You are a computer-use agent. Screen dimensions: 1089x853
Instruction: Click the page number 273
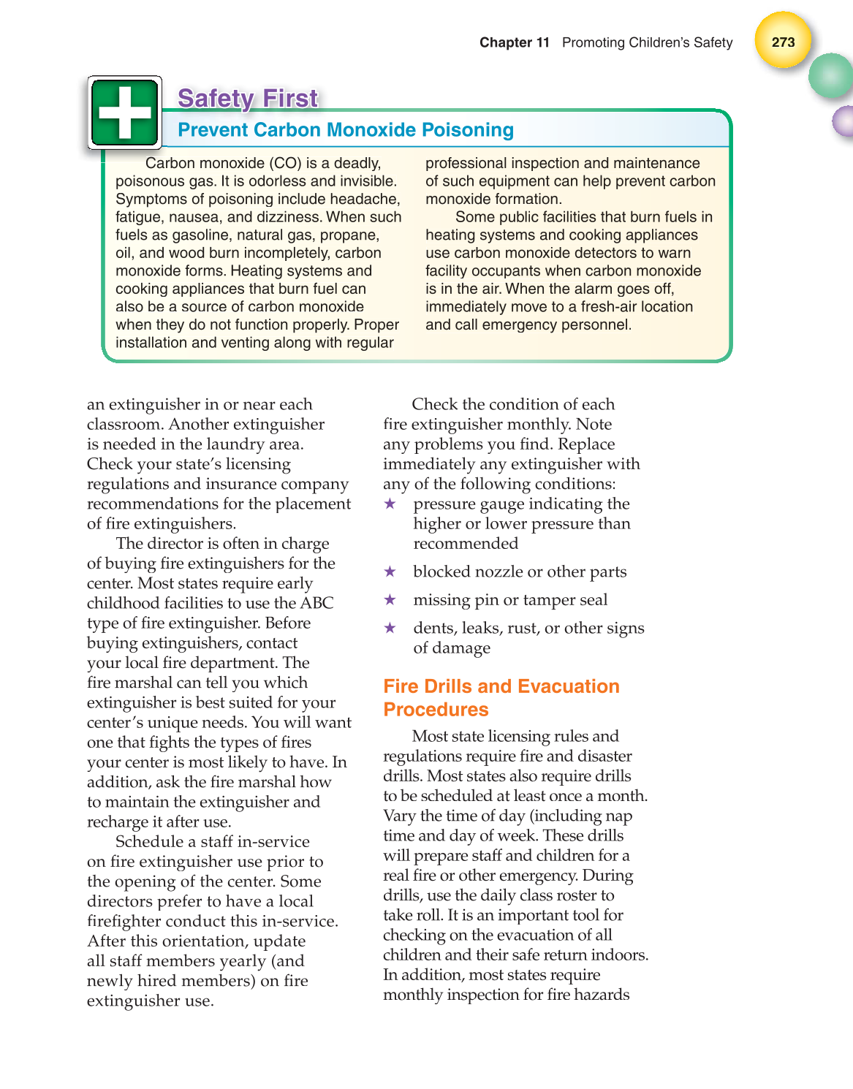tap(783, 42)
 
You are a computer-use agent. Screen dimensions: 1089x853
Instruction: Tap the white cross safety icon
tap(124, 113)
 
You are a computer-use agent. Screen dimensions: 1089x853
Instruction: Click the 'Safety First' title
tap(248, 98)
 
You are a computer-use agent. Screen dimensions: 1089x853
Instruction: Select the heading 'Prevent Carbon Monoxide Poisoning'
tap(346, 130)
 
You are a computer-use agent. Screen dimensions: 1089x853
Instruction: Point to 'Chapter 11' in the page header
tap(514, 42)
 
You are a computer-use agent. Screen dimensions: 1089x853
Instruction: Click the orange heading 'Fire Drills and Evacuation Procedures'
tap(501, 697)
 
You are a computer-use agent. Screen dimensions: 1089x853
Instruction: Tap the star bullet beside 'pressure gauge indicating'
tap(390, 504)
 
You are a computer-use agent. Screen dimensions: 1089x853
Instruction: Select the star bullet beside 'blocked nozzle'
tap(390, 572)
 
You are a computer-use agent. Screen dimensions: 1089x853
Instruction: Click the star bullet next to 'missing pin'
tap(390, 600)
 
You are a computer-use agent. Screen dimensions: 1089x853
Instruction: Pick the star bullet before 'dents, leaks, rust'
tap(390, 628)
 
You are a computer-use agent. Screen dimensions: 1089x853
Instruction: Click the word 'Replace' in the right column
tap(586, 444)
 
